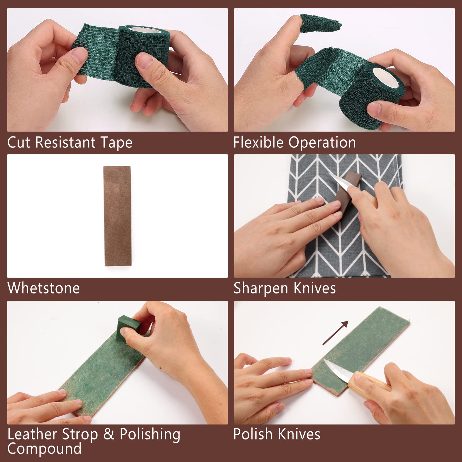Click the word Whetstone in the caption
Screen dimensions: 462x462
pos(44,288)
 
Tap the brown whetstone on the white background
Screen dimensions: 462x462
pos(117,216)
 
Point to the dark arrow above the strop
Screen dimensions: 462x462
pos(335,333)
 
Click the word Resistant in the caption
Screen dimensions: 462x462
pos(65,142)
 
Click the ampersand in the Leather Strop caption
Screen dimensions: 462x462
pos(109,434)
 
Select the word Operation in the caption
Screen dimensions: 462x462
pos(322,143)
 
